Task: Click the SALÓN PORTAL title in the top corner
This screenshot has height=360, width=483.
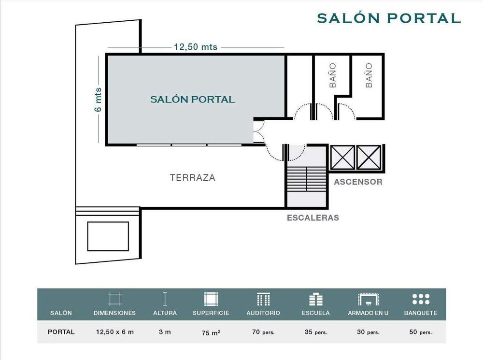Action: pos(389,18)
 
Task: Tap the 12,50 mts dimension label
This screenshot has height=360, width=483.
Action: pos(196,47)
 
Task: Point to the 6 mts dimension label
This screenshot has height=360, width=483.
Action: pos(98,100)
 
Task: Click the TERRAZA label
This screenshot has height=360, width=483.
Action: pos(193,177)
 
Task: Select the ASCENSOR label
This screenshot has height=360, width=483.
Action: pos(358,182)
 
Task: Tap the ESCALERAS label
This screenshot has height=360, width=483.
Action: pos(313,217)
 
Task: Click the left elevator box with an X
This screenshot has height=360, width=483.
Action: pos(342,157)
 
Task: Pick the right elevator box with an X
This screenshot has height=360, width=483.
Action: pos(369,157)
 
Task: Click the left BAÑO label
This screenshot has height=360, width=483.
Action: pos(333,75)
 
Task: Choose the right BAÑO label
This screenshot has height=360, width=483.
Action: pos(369,75)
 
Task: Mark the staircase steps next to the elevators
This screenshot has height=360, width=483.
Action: pos(306,179)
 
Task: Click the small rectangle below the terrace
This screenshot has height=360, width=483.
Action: pos(108,236)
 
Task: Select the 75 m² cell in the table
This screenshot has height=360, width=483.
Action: pos(211,332)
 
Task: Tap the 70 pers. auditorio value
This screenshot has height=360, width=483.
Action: pos(263,332)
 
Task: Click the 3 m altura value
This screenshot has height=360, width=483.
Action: pos(165,332)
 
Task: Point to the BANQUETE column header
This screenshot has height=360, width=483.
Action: pos(421,313)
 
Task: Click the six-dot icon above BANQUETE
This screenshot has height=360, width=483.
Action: pos(421,299)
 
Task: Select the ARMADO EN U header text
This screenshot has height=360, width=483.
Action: pos(368,313)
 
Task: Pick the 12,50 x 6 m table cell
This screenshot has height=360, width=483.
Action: pos(115,332)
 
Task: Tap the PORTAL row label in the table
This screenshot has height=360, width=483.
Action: pos(61,332)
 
